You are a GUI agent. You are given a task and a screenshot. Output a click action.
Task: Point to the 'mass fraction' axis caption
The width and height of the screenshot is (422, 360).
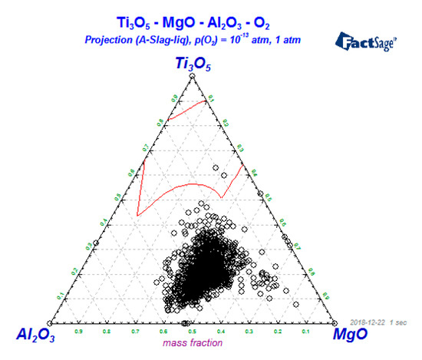tap(190, 342)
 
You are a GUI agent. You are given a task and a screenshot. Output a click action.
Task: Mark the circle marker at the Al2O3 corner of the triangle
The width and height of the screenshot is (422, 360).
tap(50, 322)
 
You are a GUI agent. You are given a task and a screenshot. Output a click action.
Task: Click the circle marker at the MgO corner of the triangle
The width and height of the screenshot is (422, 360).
tap(334, 322)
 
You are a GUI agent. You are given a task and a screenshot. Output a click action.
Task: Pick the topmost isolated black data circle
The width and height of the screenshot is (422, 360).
tap(201, 205)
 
